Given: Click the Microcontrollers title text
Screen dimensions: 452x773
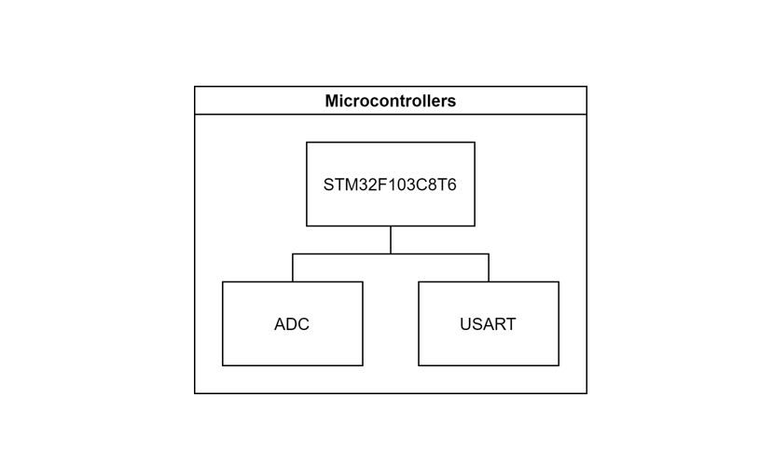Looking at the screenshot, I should pos(390,101).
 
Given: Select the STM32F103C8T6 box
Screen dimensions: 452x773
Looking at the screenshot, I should pos(390,163).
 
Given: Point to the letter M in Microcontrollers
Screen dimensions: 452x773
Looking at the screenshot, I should pos(332,101).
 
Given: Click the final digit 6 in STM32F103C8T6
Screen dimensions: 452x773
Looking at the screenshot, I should pos(452,185).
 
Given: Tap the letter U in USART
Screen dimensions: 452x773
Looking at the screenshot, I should pos(465,324).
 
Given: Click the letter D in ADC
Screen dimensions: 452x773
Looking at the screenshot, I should pos(292,324).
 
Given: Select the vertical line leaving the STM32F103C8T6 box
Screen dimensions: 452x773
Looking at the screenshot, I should pos(391,240).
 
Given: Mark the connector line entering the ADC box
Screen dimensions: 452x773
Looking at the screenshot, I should pos(293,268).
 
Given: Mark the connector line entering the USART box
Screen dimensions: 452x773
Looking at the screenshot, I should pos(489,268).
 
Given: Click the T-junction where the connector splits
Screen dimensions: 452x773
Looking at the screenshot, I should pos(391,253).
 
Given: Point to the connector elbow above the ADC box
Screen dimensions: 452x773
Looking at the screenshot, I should pos(293,253).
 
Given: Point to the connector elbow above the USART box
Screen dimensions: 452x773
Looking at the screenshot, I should pos(489,253).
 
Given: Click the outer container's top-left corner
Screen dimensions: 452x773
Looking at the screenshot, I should pos(195,87).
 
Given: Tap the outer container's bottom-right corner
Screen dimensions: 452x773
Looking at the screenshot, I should pos(587,393).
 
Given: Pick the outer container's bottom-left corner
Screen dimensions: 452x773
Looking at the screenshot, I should pos(195,393).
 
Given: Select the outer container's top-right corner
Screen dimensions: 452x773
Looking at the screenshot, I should pos(587,87).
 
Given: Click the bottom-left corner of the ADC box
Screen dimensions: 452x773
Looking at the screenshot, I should pos(223,365).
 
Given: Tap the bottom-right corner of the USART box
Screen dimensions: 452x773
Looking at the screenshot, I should pos(559,365).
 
